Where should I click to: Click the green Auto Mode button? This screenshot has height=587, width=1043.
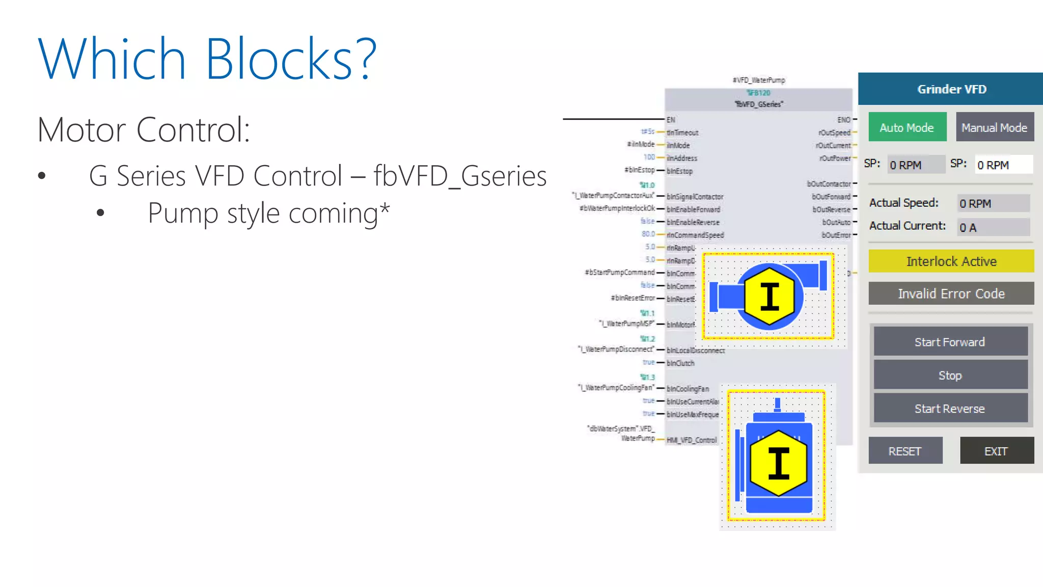(907, 127)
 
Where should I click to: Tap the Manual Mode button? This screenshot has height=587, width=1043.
(994, 127)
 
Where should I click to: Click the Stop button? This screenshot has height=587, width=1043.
(950, 376)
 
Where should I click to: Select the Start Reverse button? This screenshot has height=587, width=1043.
(950, 409)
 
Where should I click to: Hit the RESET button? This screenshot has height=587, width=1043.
(905, 451)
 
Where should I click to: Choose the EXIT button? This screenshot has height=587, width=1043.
(996, 451)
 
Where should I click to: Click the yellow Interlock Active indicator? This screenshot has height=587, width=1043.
(951, 261)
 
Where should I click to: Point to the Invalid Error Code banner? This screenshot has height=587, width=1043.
(951, 293)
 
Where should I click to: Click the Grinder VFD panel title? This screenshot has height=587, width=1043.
(951, 89)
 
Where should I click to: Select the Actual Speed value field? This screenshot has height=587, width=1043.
(993, 203)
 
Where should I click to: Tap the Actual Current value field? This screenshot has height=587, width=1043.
(993, 227)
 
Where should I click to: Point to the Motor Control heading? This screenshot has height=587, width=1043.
(144, 130)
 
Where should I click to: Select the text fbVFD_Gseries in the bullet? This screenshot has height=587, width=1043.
(460, 176)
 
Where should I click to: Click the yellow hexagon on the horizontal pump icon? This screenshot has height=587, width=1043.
(770, 296)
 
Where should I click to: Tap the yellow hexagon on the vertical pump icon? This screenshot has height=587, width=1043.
(778, 463)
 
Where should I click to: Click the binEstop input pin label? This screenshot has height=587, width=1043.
(680, 171)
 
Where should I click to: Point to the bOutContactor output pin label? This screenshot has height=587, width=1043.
(829, 184)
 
